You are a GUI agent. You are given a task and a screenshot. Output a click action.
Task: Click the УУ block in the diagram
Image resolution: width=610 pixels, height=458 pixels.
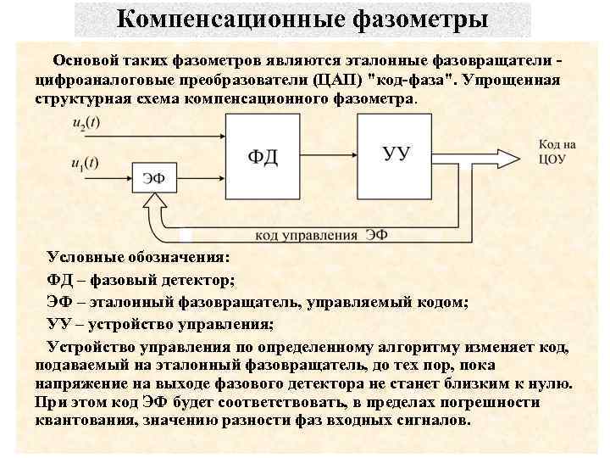coord(397,153)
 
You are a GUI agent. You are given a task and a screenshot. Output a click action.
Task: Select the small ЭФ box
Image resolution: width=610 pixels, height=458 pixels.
coord(153,177)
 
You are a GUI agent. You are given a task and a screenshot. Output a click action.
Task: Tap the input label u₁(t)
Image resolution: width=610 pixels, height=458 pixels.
coord(84,163)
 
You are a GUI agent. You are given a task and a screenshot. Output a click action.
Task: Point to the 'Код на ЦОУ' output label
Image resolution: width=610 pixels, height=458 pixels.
coord(557,152)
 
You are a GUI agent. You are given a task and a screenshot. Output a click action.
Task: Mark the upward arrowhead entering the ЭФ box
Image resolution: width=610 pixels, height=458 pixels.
coord(155,201)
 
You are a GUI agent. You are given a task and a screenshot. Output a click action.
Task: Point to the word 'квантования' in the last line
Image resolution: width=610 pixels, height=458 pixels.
coord(80,422)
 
